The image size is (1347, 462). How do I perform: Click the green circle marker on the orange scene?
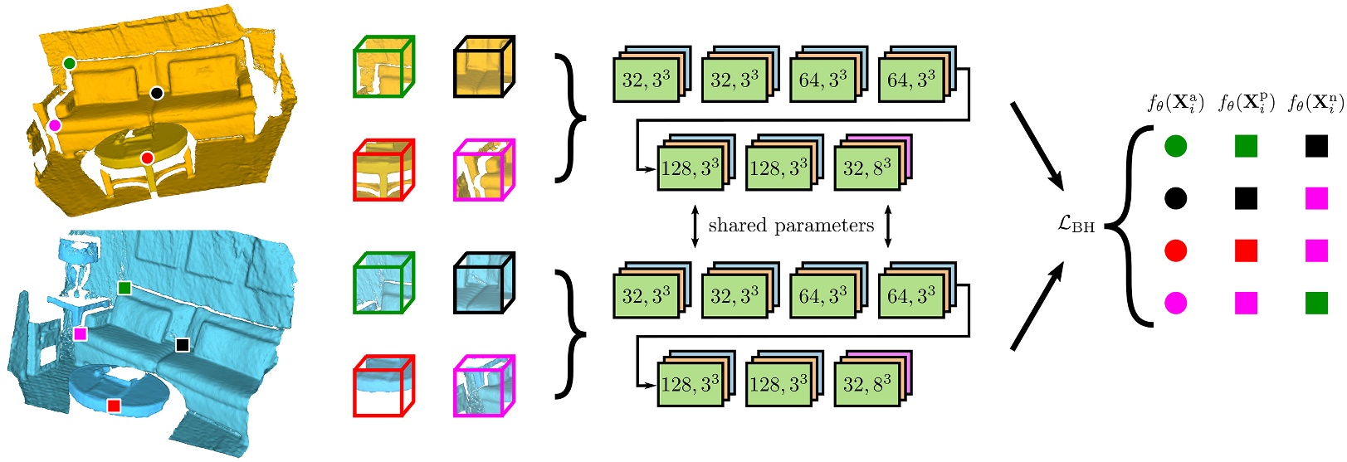point(70,63)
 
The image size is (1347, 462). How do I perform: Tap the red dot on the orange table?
point(147,158)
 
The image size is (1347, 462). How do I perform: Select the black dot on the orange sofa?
point(156,93)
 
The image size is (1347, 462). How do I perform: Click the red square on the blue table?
point(114,405)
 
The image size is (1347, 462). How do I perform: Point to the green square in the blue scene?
point(124,287)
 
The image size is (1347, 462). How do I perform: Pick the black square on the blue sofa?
point(183,344)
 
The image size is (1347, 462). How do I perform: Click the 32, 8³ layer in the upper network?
point(867,168)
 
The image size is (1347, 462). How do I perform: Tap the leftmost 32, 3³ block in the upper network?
point(646,80)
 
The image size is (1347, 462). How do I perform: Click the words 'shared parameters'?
point(791,226)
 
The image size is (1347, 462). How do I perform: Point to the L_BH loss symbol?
point(1076,224)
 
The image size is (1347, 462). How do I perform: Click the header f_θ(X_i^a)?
point(1175,103)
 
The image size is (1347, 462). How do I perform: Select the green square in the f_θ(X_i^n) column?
point(1316,303)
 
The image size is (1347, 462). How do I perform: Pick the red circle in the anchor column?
point(1175,250)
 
